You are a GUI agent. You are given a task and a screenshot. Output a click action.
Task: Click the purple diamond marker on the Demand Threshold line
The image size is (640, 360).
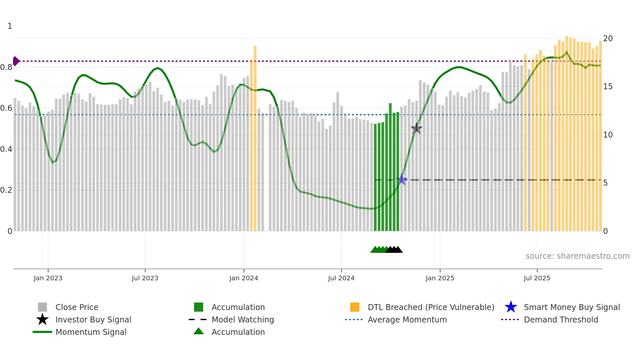coord(16,61)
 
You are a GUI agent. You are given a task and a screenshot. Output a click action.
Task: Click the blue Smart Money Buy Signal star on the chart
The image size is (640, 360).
coord(402,179)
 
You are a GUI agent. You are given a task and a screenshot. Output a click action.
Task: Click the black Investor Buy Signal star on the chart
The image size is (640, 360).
coord(416,128)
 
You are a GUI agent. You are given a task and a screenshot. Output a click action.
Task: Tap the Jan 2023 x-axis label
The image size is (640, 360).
coord(48,278)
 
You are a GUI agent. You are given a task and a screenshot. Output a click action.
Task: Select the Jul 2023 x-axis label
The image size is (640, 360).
coord(145,278)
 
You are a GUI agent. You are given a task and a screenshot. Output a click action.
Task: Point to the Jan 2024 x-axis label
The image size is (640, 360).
coord(244,278)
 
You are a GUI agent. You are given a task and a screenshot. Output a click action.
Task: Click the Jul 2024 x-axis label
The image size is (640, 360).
coord(341,278)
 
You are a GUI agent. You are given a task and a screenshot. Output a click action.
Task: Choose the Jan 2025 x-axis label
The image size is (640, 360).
coord(440,278)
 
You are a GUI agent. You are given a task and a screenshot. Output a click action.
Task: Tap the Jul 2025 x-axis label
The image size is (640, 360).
coord(537,278)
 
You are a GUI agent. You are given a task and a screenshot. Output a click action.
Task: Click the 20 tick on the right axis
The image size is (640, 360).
coord(608,39)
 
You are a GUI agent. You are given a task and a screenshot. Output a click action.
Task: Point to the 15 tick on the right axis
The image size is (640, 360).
coord(608,87)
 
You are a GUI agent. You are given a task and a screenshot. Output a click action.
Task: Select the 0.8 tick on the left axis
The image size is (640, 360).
coord(6,67)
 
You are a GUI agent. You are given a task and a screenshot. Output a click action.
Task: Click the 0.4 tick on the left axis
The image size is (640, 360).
coord(6,149)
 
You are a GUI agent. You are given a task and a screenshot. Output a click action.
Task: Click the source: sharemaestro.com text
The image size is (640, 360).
coord(577,256)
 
